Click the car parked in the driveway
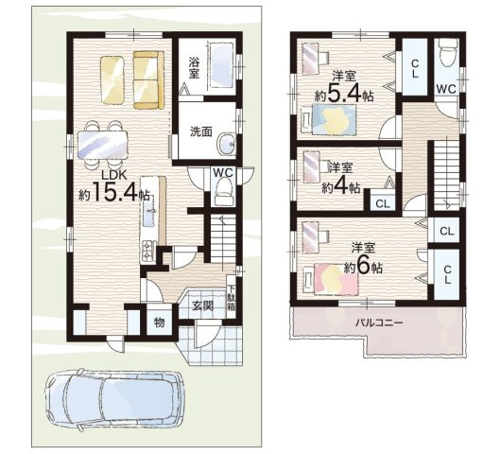(x=115, y=399)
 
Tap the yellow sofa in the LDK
(x=147, y=80)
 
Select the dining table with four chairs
(x=103, y=145)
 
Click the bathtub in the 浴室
(x=221, y=65)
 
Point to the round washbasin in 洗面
(x=226, y=144)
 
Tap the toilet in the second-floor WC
(x=448, y=50)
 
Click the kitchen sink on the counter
(x=148, y=211)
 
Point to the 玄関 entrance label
(x=202, y=306)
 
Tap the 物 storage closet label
(x=159, y=323)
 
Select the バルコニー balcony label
(x=379, y=323)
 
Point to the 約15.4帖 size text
(x=114, y=192)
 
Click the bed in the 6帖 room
(x=331, y=278)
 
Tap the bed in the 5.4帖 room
(x=329, y=120)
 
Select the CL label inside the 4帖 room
(x=383, y=203)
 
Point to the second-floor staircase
(x=446, y=175)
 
